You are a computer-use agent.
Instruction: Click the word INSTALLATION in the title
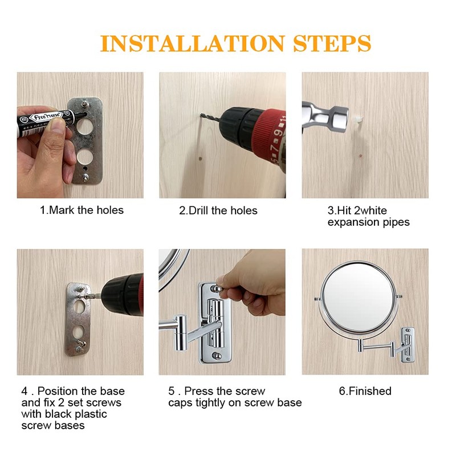click(x=192, y=44)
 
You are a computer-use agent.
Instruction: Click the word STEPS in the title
click(x=332, y=44)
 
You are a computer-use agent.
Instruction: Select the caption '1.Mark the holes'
click(x=82, y=210)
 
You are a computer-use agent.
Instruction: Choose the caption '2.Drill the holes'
click(x=218, y=210)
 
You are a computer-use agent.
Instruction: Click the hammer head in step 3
click(x=339, y=119)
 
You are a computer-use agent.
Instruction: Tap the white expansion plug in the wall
click(x=359, y=119)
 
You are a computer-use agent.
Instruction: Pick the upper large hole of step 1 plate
click(x=84, y=126)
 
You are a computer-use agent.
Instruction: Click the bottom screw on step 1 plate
click(x=85, y=177)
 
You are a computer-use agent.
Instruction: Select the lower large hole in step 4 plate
click(x=79, y=332)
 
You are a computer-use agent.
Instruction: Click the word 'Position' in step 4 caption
click(x=60, y=391)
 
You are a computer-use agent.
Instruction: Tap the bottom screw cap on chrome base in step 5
click(x=217, y=355)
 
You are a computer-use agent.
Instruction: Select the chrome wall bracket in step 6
click(x=408, y=345)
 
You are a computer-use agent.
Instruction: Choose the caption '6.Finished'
click(x=365, y=391)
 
